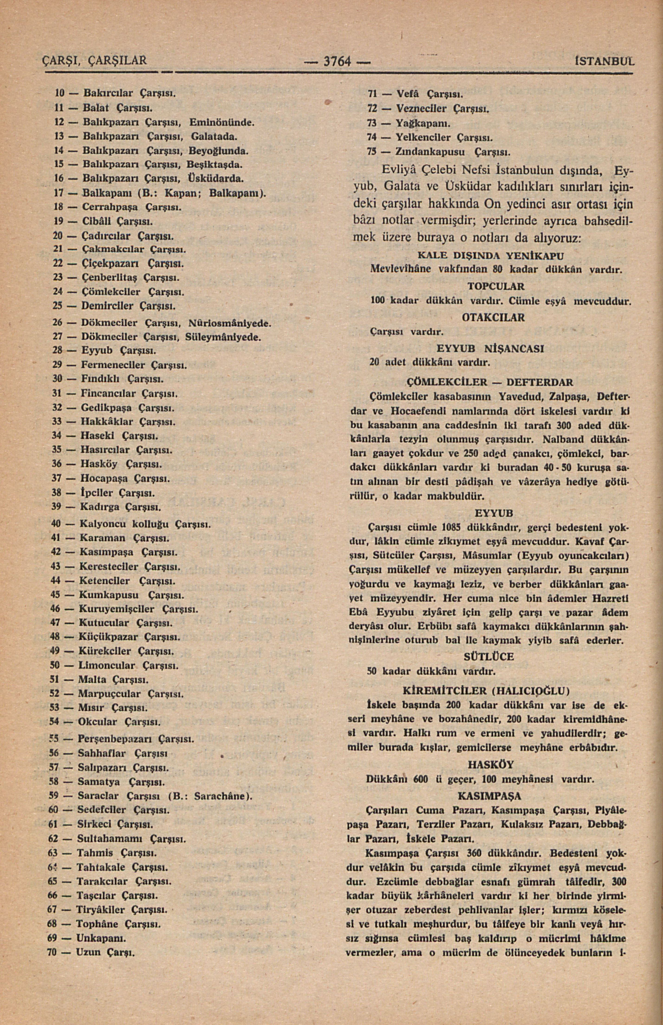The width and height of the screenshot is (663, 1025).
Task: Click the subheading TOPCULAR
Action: coord(496,286)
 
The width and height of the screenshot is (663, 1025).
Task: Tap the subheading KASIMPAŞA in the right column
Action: coord(489,795)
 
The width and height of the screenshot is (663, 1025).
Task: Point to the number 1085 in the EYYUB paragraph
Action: coord(452,527)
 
